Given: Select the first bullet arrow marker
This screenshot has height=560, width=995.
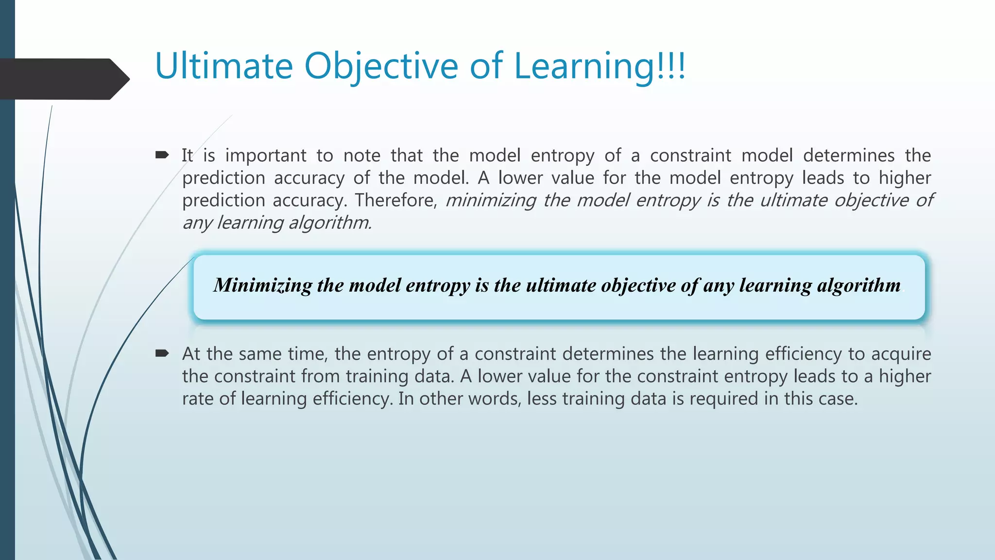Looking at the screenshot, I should [162, 155].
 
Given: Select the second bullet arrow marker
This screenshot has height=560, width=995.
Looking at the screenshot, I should [162, 353].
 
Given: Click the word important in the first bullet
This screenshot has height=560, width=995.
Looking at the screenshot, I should [266, 156].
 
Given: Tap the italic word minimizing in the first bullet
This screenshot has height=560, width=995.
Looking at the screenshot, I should [491, 200].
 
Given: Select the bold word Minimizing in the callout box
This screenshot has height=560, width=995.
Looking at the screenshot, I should [262, 285].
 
